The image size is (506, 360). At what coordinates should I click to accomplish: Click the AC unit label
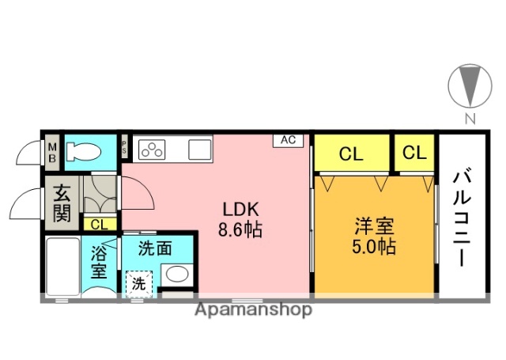[x=288, y=140]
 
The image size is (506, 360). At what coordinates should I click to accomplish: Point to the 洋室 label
[x=374, y=225]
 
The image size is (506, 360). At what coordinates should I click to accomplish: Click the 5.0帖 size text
[x=374, y=245]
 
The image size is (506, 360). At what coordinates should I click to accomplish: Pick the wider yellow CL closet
[x=351, y=153]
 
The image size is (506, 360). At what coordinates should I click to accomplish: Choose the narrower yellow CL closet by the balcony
[x=414, y=153]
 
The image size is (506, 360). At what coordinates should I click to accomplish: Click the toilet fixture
[x=86, y=150]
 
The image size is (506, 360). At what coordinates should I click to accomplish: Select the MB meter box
[x=52, y=150]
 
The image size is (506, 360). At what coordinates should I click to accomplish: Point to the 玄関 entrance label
[x=62, y=203]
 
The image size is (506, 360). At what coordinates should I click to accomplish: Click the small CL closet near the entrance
[x=98, y=225]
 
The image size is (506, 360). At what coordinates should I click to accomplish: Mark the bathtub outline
[x=61, y=265]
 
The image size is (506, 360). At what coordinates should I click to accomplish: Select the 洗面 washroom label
[x=155, y=248]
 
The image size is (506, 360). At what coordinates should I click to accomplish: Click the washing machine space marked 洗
[x=139, y=282]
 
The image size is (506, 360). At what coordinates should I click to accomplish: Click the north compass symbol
[x=470, y=86]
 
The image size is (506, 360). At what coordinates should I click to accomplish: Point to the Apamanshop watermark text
[x=253, y=309]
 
